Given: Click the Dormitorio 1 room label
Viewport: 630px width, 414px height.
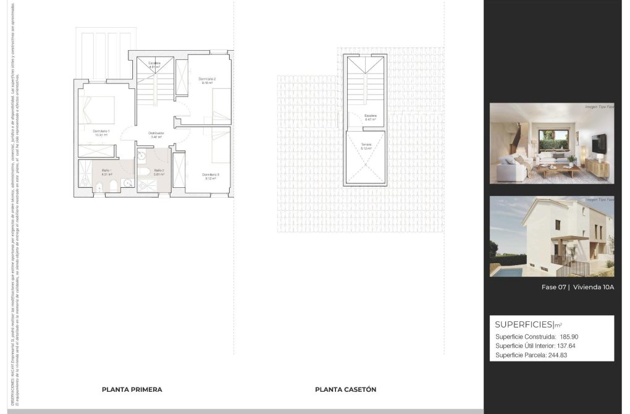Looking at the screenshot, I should click(x=101, y=132).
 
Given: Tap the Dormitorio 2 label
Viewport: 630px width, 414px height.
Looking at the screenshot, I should click(x=207, y=79).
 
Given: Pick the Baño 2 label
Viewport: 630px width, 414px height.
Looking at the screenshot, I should click(x=159, y=170).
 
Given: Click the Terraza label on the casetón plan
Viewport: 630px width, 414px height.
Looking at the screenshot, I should click(x=367, y=145).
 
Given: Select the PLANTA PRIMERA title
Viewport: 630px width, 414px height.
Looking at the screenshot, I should click(x=132, y=390).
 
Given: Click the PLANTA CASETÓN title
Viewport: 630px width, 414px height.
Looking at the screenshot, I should click(x=345, y=390).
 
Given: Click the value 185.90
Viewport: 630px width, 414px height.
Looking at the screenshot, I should click(x=569, y=337).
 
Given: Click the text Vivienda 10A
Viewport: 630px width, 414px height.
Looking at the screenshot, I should click(x=593, y=287).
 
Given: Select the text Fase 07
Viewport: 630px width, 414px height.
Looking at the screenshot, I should click(x=554, y=287).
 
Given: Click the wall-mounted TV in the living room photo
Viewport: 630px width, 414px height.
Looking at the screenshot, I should click(x=597, y=143).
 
